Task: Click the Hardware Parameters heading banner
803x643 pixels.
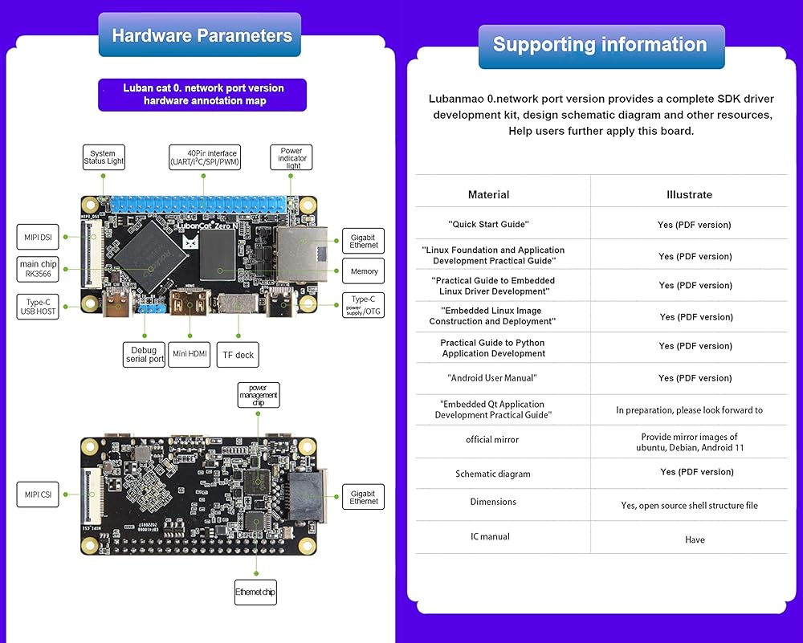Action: (200, 35)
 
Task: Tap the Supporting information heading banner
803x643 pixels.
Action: (601, 45)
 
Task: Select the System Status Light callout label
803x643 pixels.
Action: (103, 157)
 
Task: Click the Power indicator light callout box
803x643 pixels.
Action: (291, 157)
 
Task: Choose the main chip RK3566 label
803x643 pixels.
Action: (38, 269)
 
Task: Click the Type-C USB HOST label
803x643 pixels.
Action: (38, 306)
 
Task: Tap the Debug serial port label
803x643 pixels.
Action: (145, 354)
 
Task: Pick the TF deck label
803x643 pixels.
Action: (237, 354)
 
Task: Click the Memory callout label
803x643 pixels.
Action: (364, 271)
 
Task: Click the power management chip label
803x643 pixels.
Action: (258, 395)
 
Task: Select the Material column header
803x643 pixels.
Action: (488, 194)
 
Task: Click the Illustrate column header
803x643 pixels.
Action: (689, 194)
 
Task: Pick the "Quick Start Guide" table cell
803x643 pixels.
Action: (488, 225)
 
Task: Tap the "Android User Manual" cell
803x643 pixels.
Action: (491, 377)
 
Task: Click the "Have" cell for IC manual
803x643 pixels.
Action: (695, 539)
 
